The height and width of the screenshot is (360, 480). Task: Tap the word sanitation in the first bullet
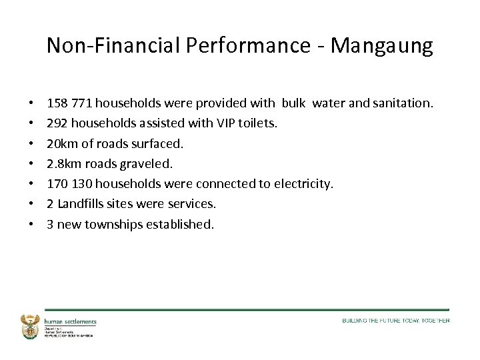click(x=403, y=103)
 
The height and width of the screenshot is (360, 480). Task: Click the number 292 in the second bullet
click(x=57, y=123)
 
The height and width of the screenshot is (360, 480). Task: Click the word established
click(x=181, y=224)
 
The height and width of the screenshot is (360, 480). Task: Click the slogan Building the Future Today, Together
click(x=395, y=321)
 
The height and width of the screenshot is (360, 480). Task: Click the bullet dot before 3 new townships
click(x=32, y=224)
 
